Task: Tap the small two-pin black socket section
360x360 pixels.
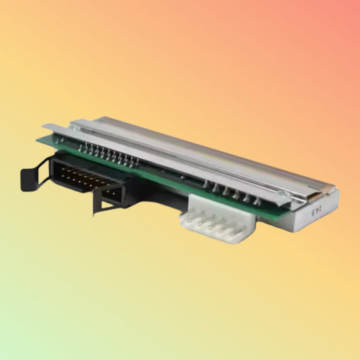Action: pyautogui.click(x=111, y=195)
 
